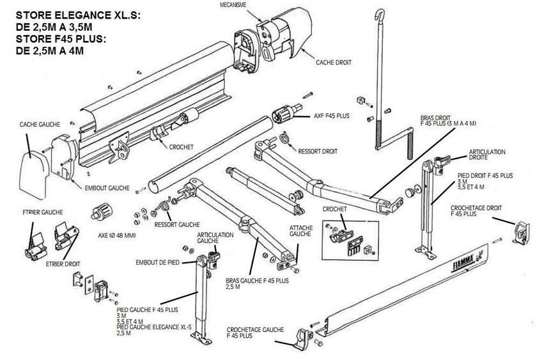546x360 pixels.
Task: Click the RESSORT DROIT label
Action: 318,152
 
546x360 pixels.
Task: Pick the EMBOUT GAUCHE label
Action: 107,189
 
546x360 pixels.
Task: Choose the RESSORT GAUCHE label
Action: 176,224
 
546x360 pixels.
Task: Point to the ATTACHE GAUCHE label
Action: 300,231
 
